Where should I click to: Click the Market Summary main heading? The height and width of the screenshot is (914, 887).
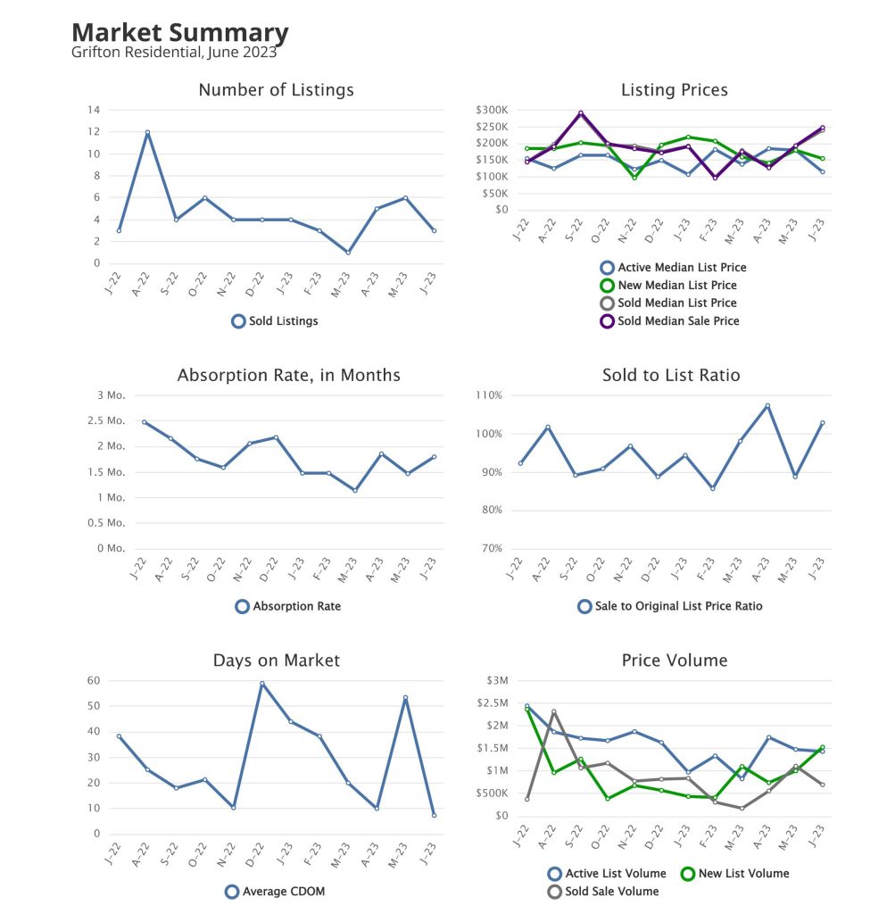(x=179, y=34)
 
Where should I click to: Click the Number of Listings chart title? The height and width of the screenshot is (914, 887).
(x=276, y=90)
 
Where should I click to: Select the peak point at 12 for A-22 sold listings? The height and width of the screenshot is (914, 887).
(x=147, y=132)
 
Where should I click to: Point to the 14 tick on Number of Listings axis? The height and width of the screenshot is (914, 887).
(x=92, y=110)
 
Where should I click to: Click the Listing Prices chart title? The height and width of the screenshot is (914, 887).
(x=674, y=90)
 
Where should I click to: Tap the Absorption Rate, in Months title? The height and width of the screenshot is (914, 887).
(x=288, y=375)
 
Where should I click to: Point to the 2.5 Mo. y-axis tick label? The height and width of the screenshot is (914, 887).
(x=112, y=420)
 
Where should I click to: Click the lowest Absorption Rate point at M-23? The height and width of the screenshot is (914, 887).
(x=355, y=490)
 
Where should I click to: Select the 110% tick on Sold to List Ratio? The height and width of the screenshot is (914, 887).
(x=490, y=395)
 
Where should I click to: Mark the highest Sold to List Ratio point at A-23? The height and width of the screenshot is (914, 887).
(x=767, y=405)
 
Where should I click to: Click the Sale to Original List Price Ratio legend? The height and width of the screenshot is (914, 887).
(x=670, y=606)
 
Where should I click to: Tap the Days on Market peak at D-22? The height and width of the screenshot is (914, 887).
(x=262, y=684)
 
